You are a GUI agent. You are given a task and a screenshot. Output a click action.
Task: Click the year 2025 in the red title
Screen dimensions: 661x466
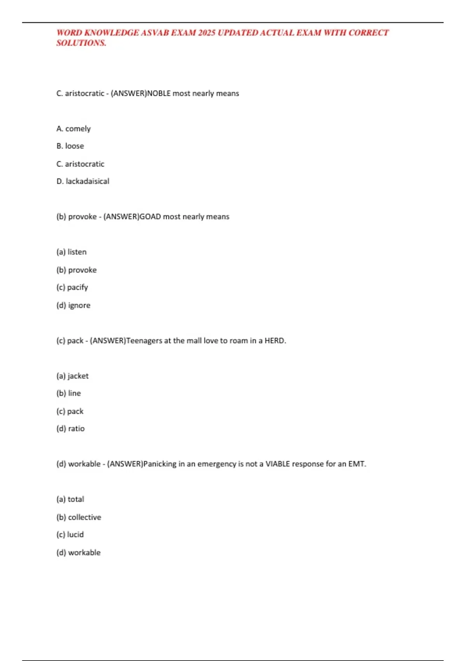tap(207, 33)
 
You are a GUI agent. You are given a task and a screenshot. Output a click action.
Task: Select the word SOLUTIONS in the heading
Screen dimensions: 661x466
tap(81, 43)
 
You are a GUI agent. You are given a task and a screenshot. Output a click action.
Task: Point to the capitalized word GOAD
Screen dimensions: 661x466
tap(150, 217)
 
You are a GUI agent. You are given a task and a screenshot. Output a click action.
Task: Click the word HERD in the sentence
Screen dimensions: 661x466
tap(275, 341)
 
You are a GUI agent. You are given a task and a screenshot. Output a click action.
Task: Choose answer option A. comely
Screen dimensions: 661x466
tap(73, 129)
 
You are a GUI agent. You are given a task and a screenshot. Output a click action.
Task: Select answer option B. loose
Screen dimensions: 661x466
tap(70, 146)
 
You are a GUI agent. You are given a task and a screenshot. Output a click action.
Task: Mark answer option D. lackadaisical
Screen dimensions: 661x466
tap(83, 181)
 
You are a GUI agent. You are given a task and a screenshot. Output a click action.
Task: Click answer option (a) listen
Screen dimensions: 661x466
tap(71, 252)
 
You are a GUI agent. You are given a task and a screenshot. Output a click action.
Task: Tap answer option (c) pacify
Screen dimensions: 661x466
tap(72, 287)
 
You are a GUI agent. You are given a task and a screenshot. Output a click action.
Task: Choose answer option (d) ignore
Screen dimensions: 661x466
tap(73, 305)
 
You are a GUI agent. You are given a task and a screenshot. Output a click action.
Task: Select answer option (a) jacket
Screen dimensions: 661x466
tap(72, 376)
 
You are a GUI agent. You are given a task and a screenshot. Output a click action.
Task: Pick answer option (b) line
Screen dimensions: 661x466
tap(69, 393)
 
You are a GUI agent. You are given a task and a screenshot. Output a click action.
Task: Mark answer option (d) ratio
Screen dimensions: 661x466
tap(70, 428)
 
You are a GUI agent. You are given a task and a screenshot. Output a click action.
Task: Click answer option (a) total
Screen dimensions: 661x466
tap(70, 499)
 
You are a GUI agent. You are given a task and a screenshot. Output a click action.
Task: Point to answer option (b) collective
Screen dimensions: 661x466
tap(79, 517)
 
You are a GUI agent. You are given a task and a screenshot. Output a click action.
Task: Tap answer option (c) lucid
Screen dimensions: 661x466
tap(70, 535)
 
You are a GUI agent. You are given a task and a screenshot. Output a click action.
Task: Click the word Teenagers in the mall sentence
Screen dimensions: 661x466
tap(144, 341)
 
